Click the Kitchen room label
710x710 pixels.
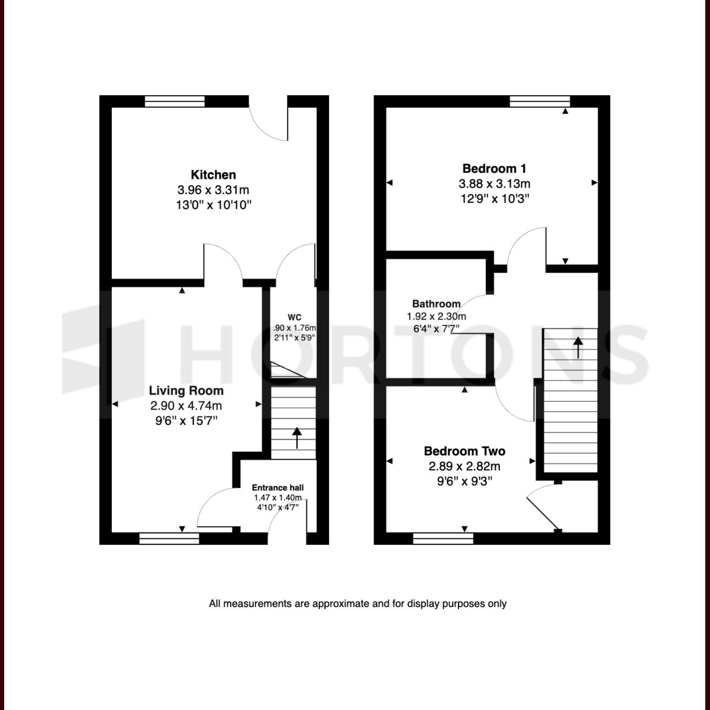pyautogui.click(x=213, y=175)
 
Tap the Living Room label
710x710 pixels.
pyautogui.click(x=186, y=390)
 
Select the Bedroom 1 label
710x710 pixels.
pyautogui.click(x=494, y=169)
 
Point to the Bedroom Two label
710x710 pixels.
pyautogui.click(x=464, y=451)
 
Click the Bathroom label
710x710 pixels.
pyautogui.click(x=437, y=304)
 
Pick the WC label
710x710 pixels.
pyautogui.click(x=295, y=316)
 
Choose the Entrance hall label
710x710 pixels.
pyautogui.click(x=277, y=488)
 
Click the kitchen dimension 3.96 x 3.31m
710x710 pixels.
pyautogui.click(x=213, y=190)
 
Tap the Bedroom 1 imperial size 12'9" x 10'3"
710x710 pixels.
pyautogui.click(x=494, y=199)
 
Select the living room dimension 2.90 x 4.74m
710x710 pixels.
pyautogui.click(x=186, y=406)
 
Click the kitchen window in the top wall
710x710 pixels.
pyautogui.click(x=175, y=101)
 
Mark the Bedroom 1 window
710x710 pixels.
pyautogui.click(x=540, y=101)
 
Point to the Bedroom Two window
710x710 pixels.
pyautogui.click(x=443, y=538)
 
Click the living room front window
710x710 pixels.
pyautogui.click(x=169, y=538)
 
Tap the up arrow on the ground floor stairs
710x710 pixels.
pyautogui.click(x=296, y=438)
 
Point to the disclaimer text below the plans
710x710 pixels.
pyautogui.click(x=357, y=604)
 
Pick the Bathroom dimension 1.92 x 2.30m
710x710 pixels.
pyautogui.click(x=436, y=317)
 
